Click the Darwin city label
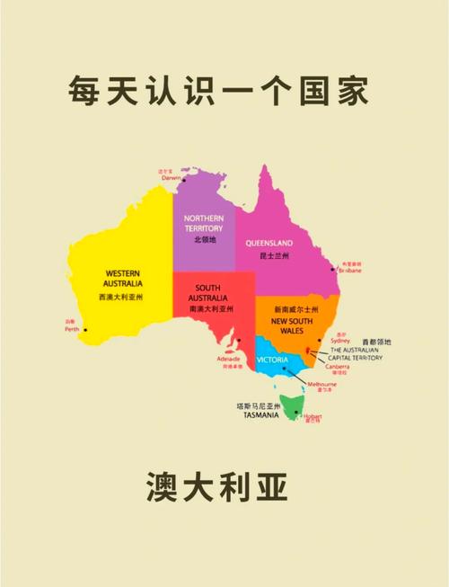171,178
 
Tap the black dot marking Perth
85,330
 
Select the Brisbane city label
349,271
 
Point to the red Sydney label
340,342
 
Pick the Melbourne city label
321,384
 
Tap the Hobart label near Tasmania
313,416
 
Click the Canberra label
338,366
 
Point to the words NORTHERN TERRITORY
204,223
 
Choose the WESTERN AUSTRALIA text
122,277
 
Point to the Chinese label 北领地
204,240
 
